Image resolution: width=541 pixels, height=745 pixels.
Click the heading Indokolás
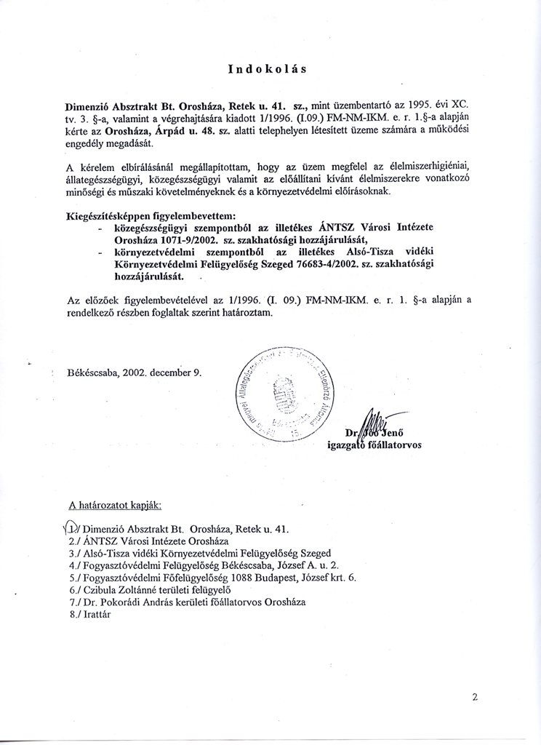click(x=267, y=70)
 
